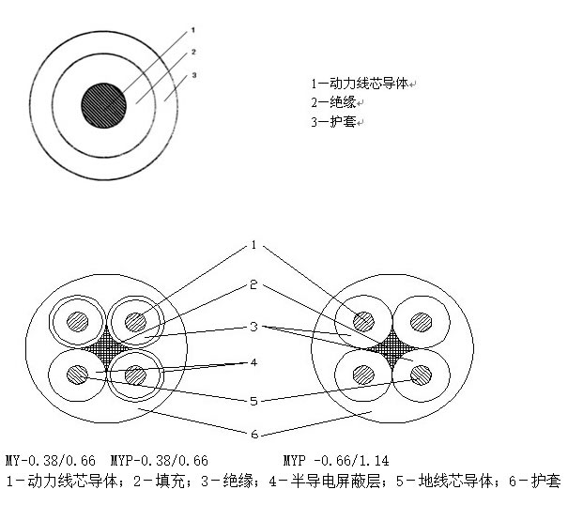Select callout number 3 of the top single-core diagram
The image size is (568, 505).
[x=192, y=75]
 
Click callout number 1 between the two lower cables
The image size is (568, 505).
[x=253, y=245]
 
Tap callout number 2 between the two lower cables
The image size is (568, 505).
[x=253, y=283]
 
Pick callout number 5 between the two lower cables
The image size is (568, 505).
[x=253, y=401]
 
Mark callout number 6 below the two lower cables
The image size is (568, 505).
[x=253, y=435]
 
